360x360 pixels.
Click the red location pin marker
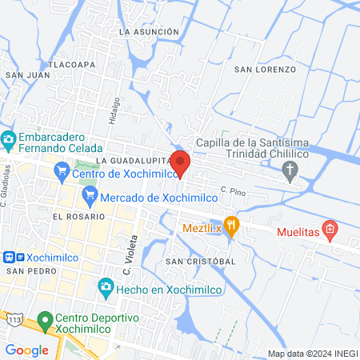(180, 162)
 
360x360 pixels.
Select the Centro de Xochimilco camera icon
(62, 170)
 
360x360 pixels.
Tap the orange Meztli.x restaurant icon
(232, 225)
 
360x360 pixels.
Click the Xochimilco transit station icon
(8, 258)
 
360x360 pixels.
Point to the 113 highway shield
(14, 319)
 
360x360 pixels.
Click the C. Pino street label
(233, 190)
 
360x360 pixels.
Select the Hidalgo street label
(116, 110)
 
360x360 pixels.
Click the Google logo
(27, 350)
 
